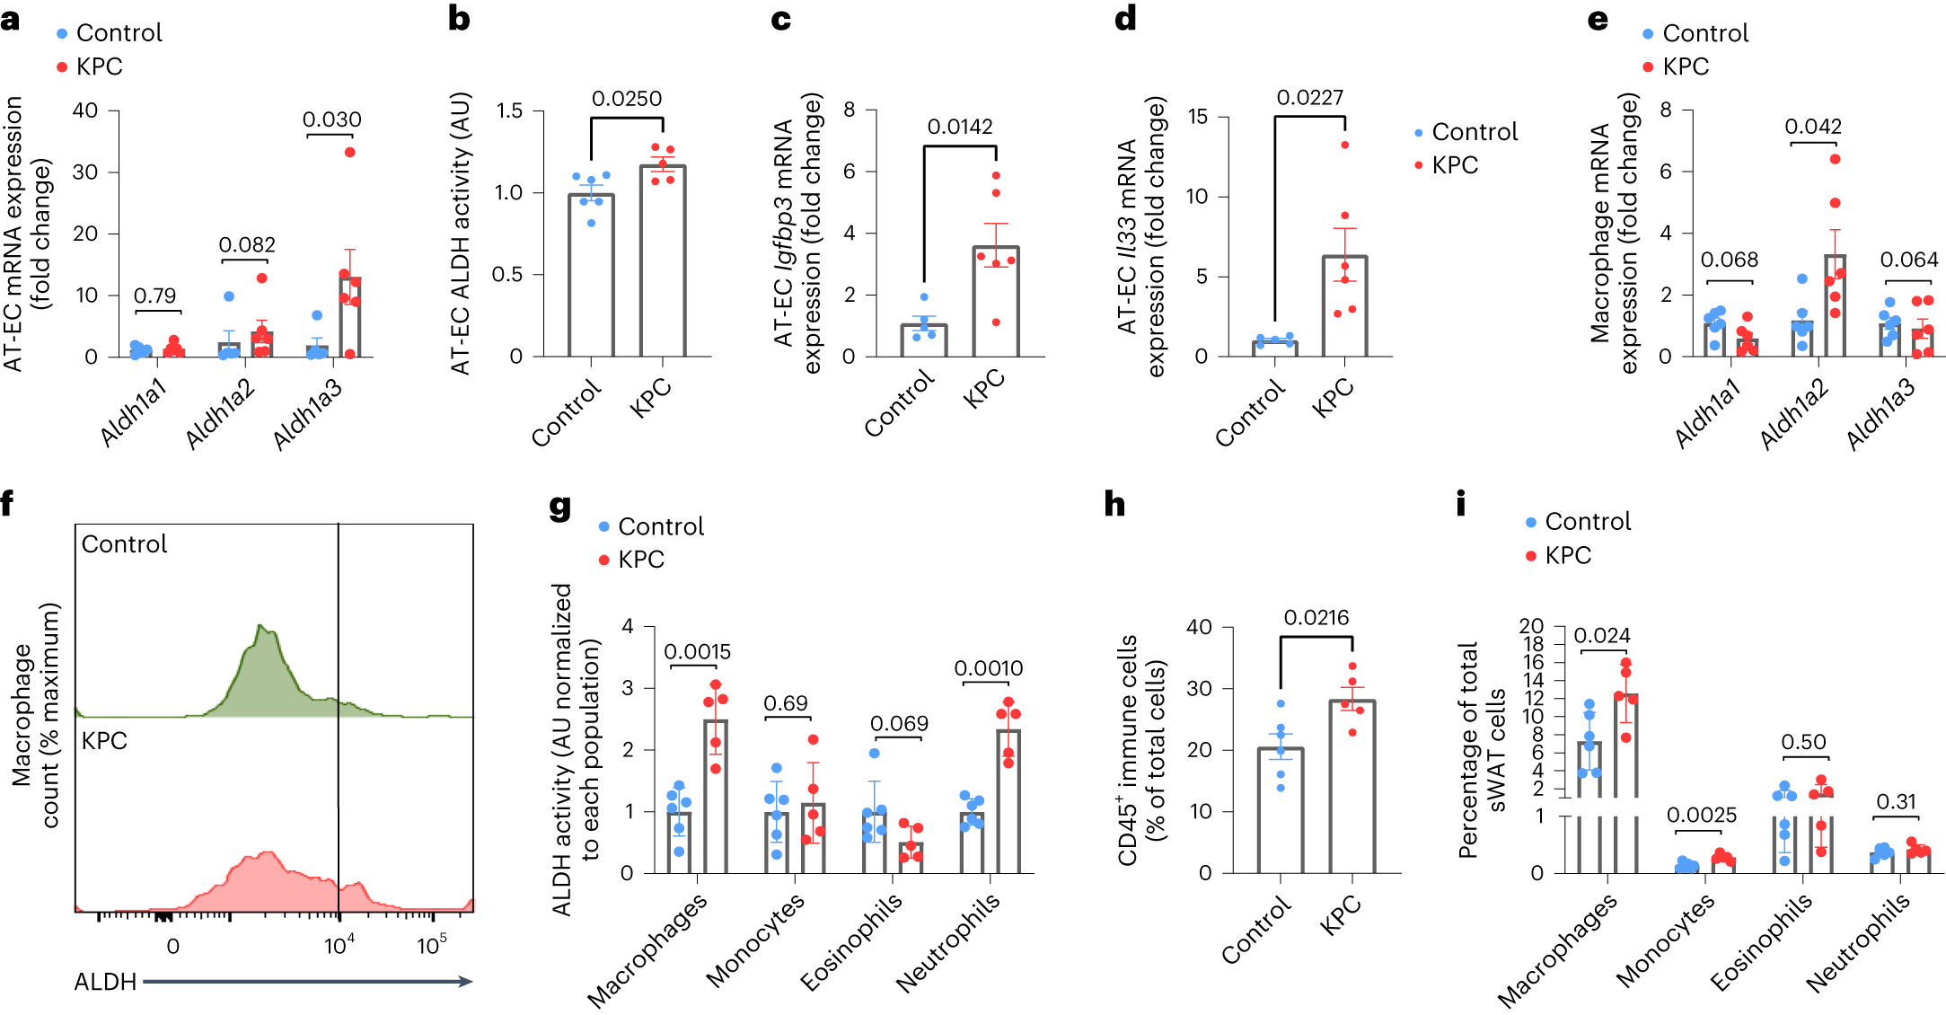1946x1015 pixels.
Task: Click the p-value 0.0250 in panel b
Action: click(626, 99)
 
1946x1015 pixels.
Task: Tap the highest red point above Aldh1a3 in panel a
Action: click(349, 152)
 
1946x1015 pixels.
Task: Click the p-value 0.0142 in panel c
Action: click(959, 127)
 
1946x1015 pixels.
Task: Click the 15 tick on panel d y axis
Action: click(1197, 117)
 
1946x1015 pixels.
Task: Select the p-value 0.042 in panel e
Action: click(1812, 127)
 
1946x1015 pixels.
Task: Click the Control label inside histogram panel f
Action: click(124, 544)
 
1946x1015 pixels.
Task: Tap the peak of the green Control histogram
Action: click(261, 626)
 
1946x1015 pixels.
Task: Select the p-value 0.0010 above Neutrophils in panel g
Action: click(988, 668)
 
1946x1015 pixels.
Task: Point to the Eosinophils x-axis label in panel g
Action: click(850, 943)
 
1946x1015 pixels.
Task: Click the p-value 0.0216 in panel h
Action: click(1316, 618)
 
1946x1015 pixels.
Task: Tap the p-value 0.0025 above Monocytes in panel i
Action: click(1701, 816)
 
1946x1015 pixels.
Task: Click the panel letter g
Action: click(559, 507)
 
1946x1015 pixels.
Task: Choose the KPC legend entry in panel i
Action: click(1567, 556)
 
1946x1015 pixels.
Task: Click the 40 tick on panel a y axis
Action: click(85, 110)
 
